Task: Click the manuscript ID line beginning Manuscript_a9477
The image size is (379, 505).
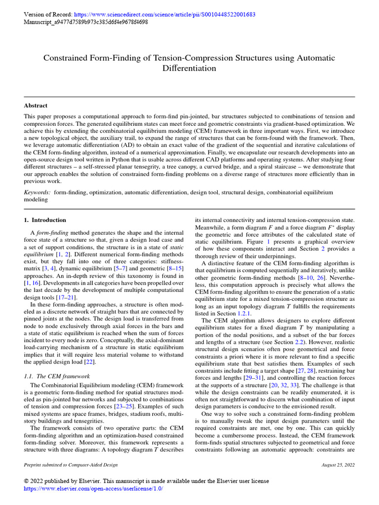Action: pyautogui.click(x=86, y=22)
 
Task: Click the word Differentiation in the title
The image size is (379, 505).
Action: pyautogui.click(x=189, y=68)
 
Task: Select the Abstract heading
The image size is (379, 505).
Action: pyautogui.click(x=36, y=106)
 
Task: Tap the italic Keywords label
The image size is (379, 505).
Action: pyautogui.click(x=37, y=192)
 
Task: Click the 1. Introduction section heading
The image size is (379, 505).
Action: pyautogui.click(x=45, y=220)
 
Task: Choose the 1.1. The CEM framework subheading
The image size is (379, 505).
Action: pyautogui.click(x=57, y=376)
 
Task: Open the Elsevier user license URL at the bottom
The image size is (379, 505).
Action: pyautogui.click(x=93, y=489)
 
